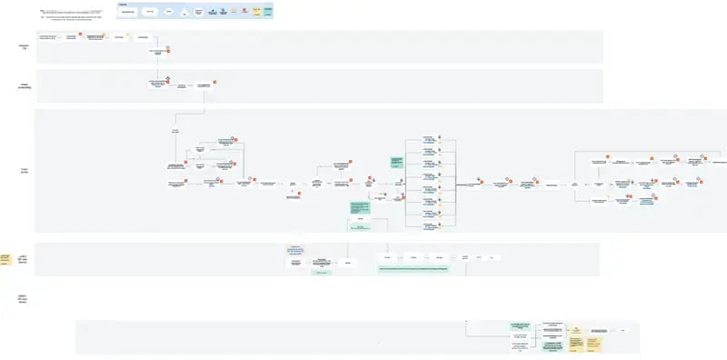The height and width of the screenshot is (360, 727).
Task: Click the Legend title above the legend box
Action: (123, 4)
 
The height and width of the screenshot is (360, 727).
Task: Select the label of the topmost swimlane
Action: (25, 45)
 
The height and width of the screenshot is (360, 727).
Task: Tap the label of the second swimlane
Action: (25, 86)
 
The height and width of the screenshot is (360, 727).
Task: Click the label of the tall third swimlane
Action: (25, 170)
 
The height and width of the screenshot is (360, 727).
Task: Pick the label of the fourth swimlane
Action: (25, 259)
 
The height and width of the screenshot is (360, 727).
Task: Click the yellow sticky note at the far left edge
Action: (5, 260)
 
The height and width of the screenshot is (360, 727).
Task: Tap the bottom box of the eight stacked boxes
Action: (430, 224)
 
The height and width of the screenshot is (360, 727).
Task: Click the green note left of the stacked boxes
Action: (397, 162)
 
